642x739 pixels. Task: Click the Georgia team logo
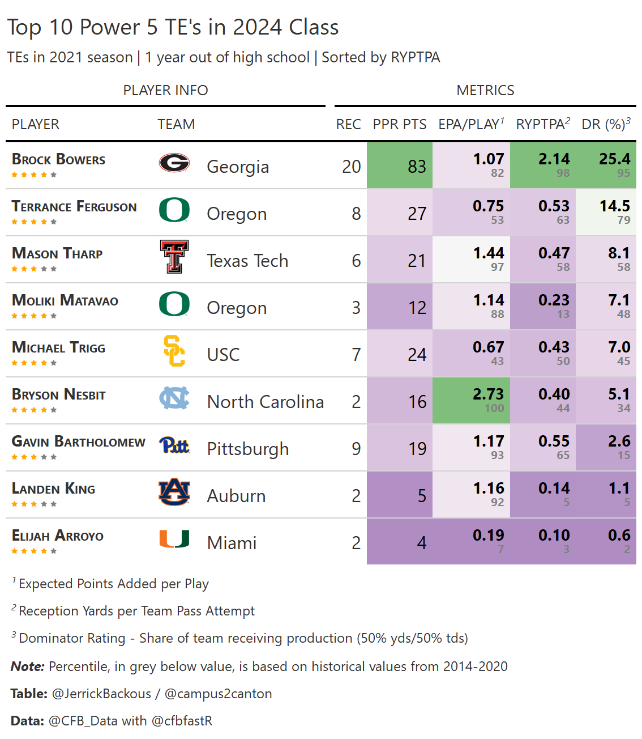(x=174, y=163)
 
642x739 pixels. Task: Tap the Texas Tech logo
(x=174, y=257)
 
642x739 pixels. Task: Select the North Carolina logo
(x=174, y=398)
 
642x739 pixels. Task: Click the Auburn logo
(x=174, y=492)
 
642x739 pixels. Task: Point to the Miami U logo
(x=174, y=539)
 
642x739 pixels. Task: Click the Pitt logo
(x=174, y=445)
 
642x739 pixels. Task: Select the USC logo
(x=174, y=351)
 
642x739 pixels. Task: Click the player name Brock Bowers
(x=59, y=160)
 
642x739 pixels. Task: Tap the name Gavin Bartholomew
(x=79, y=442)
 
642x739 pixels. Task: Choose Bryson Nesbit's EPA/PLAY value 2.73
(x=488, y=394)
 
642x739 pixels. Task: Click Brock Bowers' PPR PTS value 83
(x=417, y=167)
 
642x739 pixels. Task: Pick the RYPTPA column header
(x=542, y=125)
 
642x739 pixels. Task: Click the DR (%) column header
(x=606, y=125)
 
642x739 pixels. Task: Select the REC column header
(x=348, y=125)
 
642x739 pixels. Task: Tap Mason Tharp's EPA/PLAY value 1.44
(x=488, y=253)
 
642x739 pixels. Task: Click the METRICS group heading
(x=485, y=91)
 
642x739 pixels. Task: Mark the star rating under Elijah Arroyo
(x=34, y=551)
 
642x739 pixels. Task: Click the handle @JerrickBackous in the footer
(x=101, y=694)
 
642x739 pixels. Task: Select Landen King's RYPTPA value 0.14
(x=554, y=489)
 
